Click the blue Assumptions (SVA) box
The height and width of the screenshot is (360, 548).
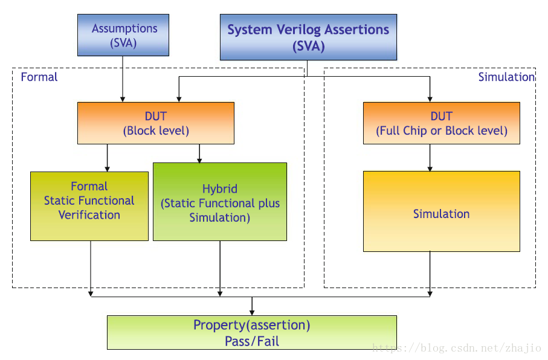point(123,35)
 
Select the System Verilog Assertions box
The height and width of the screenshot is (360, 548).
point(308,37)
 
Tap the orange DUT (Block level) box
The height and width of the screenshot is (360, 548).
point(156,123)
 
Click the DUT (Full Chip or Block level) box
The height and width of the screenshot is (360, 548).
point(441,123)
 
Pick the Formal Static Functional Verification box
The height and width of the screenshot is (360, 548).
point(89,206)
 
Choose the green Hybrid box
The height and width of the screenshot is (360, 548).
point(220,202)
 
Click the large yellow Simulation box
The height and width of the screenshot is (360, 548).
point(441,211)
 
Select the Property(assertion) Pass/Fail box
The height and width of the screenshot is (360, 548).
point(251,332)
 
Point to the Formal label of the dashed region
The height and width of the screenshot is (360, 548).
point(39,77)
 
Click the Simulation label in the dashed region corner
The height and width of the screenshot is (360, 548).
point(506,77)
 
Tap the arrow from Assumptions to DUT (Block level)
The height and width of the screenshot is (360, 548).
point(123,79)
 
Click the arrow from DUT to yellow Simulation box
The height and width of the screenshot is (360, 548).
point(430,158)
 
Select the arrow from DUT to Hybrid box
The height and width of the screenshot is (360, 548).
point(199,153)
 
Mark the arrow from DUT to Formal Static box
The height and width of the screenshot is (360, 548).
point(108,158)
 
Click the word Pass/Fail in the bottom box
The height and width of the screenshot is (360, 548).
point(252,341)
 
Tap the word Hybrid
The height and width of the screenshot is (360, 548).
point(220,188)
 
